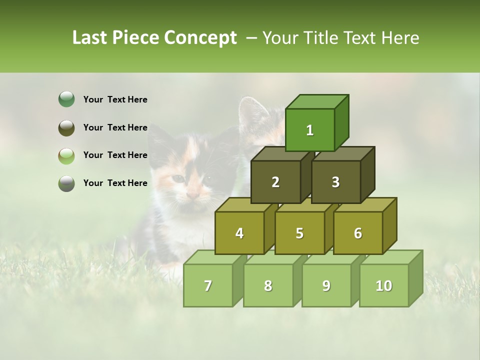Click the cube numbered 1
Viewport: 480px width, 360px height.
click(310, 130)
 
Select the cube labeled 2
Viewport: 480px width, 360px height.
click(275, 182)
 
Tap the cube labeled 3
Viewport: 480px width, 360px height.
click(335, 182)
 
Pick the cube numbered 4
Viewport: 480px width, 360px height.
click(239, 233)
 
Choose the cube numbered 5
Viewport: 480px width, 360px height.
click(299, 233)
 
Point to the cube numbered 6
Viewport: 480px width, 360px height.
click(358, 233)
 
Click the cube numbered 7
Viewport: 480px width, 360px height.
click(208, 285)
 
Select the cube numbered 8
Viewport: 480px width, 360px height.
click(268, 285)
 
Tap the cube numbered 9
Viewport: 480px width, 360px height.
click(326, 285)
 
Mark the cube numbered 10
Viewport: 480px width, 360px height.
click(383, 285)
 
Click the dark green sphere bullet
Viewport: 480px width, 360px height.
click(66, 99)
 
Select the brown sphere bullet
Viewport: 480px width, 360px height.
click(66, 127)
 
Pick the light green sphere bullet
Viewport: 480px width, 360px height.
click(66, 155)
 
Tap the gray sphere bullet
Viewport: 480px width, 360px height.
click(66, 183)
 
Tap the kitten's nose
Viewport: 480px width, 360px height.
click(193, 193)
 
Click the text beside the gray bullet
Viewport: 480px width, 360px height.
click(115, 183)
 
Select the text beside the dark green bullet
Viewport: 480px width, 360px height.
click(115, 99)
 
